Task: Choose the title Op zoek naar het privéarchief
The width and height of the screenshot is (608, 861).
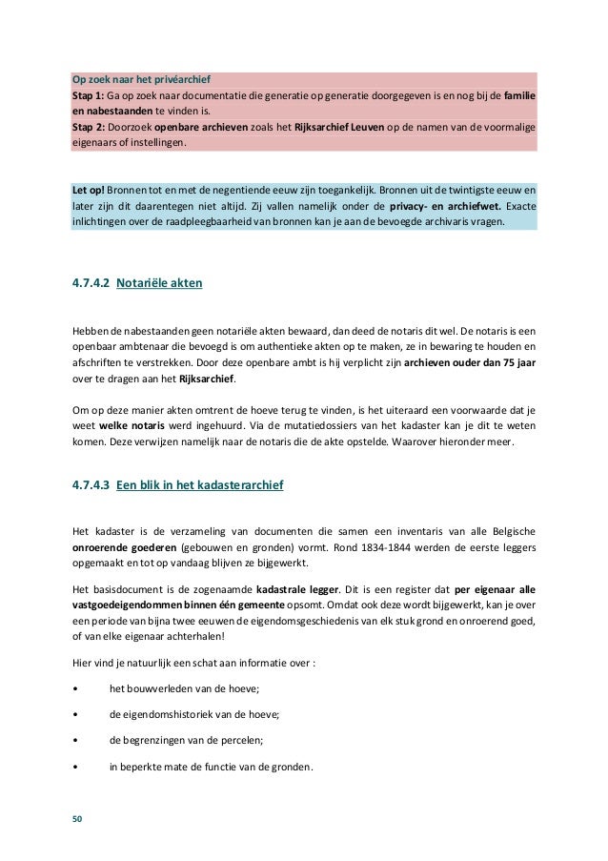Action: click(x=141, y=78)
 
